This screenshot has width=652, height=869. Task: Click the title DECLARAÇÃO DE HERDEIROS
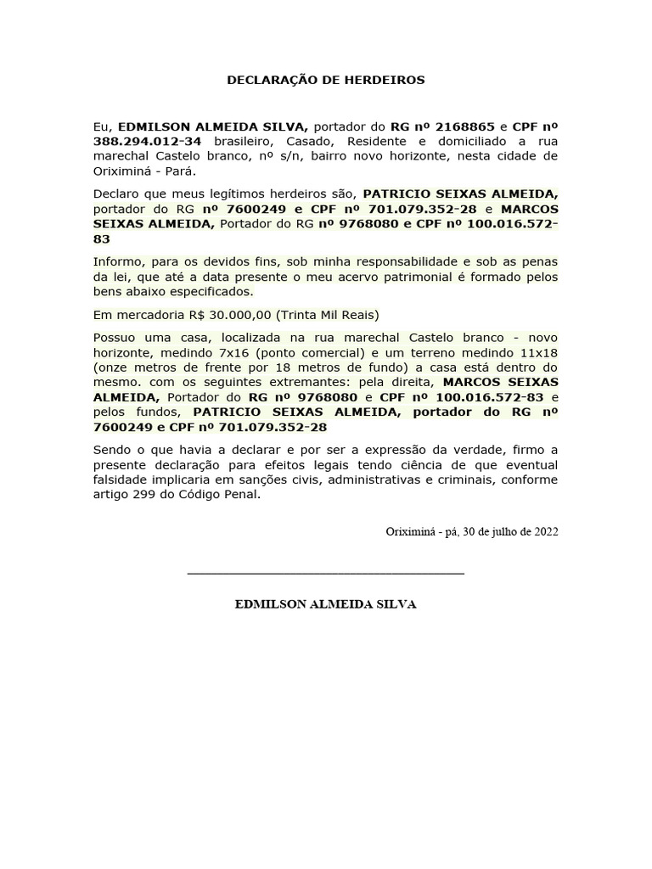point(325,80)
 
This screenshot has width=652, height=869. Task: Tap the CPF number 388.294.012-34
point(147,141)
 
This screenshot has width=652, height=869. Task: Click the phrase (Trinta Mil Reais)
point(328,314)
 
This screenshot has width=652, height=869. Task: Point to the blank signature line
point(325,574)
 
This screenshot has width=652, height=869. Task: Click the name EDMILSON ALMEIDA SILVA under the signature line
point(325,605)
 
